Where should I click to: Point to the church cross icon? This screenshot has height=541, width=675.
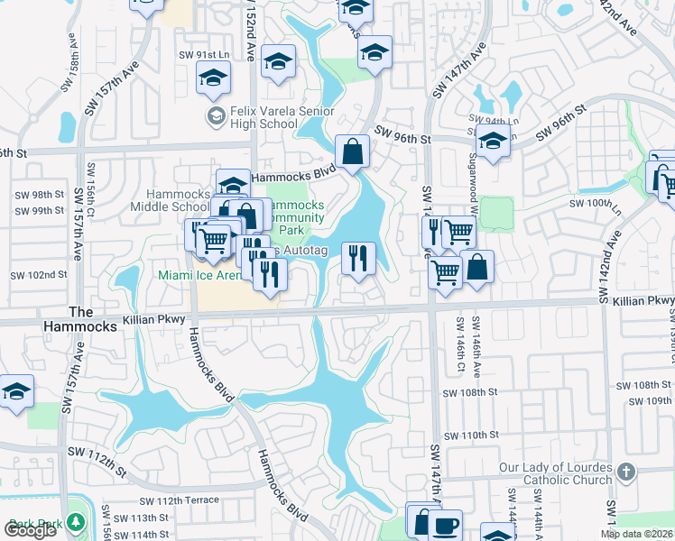point(625,472)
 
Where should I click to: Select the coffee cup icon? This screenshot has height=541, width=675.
point(446,526)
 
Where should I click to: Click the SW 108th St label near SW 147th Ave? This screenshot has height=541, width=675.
point(470,393)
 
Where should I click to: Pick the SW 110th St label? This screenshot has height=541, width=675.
point(466,435)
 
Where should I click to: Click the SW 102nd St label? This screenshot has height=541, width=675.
point(39,275)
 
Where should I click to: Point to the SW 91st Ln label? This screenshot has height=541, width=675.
point(199,55)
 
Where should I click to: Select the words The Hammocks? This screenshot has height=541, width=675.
point(93,319)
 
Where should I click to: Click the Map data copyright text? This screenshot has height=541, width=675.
point(636,534)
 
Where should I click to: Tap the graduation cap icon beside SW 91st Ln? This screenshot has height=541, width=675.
point(213,78)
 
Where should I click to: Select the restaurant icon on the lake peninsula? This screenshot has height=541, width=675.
point(358,259)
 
